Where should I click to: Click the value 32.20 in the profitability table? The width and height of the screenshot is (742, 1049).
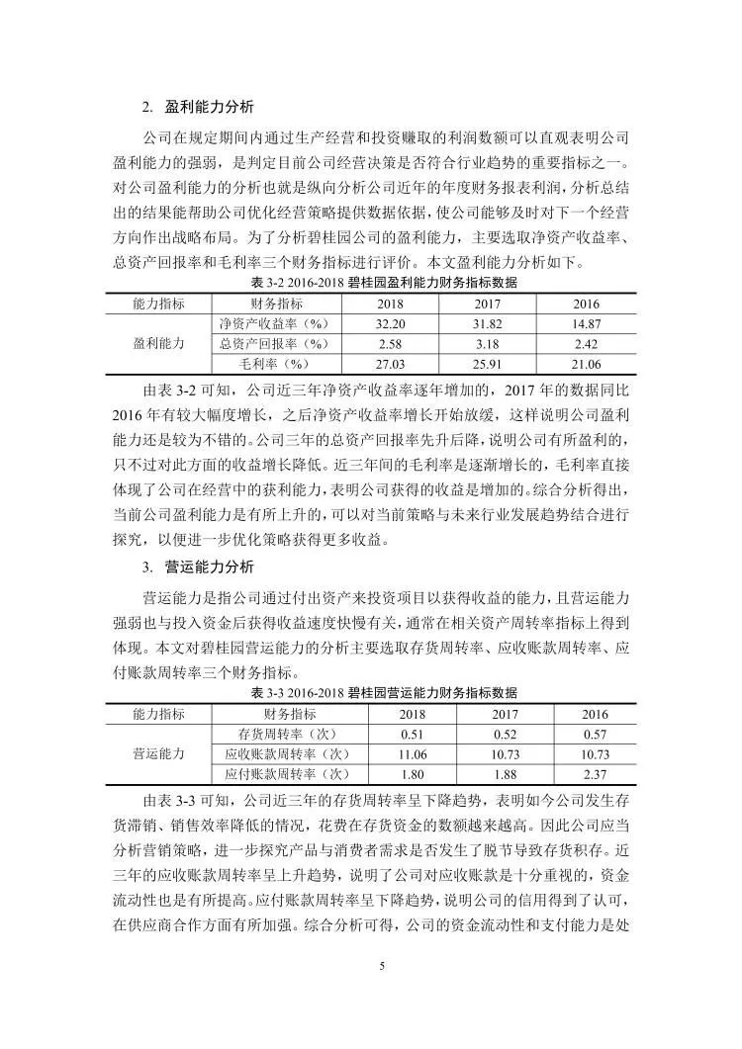(x=392, y=323)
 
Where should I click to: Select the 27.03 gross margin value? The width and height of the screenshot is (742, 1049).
(x=392, y=364)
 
